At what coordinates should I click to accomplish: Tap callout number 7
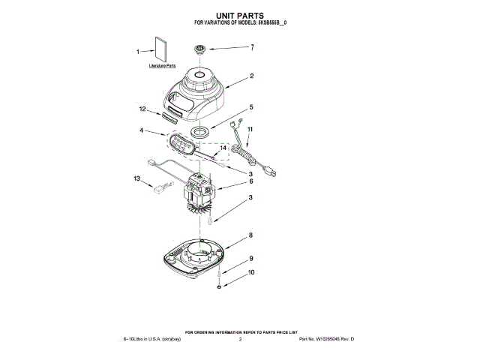click(x=252, y=47)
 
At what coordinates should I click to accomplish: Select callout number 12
click(x=142, y=109)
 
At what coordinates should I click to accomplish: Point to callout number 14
click(x=222, y=148)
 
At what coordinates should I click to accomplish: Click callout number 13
click(x=137, y=179)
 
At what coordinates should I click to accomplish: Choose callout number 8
click(x=251, y=235)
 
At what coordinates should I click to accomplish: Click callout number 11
click(x=250, y=129)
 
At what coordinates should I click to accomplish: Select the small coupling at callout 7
click(x=200, y=50)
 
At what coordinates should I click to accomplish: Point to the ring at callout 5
click(x=200, y=133)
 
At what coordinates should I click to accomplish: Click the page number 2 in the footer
click(x=240, y=340)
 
